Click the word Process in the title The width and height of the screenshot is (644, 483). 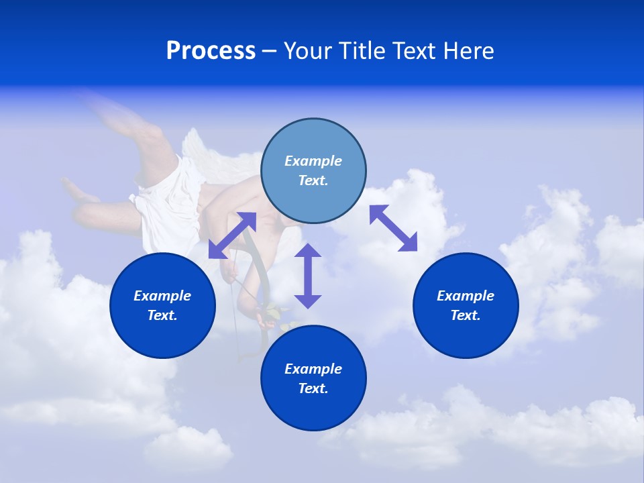211,51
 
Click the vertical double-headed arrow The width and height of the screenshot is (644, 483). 308,276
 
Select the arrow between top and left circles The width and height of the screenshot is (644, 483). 232,235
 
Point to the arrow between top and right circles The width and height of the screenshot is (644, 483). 393,228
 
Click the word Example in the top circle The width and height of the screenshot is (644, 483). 313,161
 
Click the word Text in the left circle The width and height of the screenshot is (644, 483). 162,315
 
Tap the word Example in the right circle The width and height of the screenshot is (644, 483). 466,296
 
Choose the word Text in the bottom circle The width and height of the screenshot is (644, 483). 313,388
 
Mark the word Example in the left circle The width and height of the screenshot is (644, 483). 162,296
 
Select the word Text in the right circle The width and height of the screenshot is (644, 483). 466,315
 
